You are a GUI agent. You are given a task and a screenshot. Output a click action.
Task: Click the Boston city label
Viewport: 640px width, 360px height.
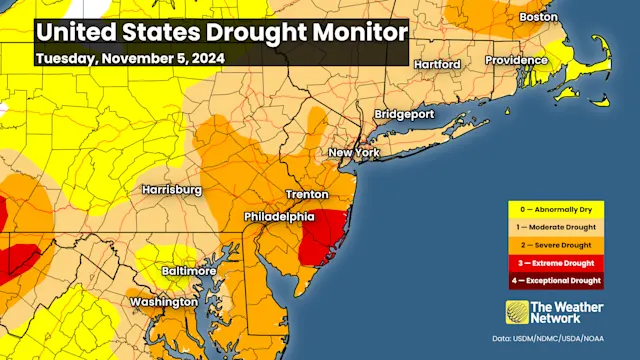tap(538, 17)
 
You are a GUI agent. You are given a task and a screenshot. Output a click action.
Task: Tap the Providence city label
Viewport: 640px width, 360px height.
tap(517, 61)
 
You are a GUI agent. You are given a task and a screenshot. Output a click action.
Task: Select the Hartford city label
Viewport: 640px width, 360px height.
tap(436, 64)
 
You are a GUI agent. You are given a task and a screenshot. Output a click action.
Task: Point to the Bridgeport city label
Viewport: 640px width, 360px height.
tap(404, 114)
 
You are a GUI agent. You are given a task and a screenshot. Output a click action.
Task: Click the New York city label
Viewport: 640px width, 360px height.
tap(355, 152)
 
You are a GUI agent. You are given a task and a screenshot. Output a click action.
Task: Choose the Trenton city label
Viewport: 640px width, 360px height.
tap(307, 193)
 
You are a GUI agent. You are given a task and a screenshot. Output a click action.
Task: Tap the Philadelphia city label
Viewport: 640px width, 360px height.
tap(280, 217)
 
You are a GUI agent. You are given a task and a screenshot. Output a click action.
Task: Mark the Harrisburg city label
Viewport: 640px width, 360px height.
tap(173, 189)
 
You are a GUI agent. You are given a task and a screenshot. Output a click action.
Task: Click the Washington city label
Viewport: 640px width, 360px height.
tap(163, 301)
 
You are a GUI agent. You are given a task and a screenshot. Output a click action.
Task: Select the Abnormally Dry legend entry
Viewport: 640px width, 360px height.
tap(556, 209)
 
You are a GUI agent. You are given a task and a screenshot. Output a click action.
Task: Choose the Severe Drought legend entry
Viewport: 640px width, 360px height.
tap(556, 244)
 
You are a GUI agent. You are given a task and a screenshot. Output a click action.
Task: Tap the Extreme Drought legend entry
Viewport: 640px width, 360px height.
tap(556, 262)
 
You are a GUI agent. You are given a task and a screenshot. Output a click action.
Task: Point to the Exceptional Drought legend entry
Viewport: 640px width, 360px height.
tap(556, 280)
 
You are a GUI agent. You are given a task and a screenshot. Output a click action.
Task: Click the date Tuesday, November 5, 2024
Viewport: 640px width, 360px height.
tap(128, 57)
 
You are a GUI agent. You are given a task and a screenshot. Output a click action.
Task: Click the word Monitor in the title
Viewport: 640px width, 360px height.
tap(350, 31)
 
